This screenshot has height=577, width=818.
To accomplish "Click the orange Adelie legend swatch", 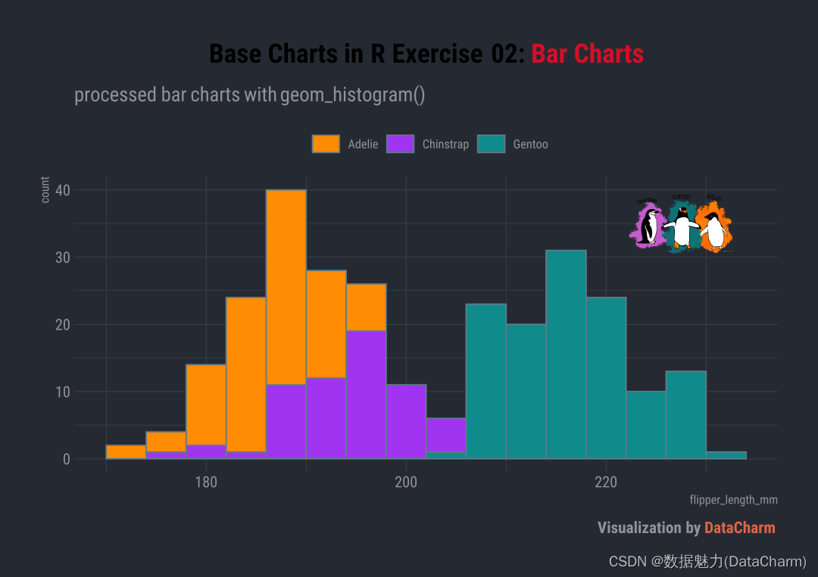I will click(x=326, y=144).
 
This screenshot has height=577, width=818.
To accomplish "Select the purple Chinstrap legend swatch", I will click(x=400, y=144).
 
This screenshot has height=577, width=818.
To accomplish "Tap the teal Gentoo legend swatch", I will click(x=491, y=144).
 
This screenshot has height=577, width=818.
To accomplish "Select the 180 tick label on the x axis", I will click(x=206, y=482).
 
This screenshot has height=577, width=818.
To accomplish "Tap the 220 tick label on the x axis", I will click(x=606, y=482).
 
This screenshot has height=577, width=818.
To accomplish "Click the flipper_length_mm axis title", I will click(x=733, y=501).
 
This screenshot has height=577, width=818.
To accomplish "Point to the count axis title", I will click(x=45, y=189).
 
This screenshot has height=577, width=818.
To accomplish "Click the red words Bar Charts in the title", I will click(x=587, y=55).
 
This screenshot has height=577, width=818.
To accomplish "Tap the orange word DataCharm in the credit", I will click(x=739, y=528).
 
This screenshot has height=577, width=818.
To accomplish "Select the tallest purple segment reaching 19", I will click(x=366, y=394).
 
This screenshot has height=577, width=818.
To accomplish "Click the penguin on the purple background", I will click(x=648, y=226).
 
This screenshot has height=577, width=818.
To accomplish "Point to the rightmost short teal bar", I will click(x=726, y=455).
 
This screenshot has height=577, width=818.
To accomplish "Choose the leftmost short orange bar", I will click(x=126, y=452).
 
